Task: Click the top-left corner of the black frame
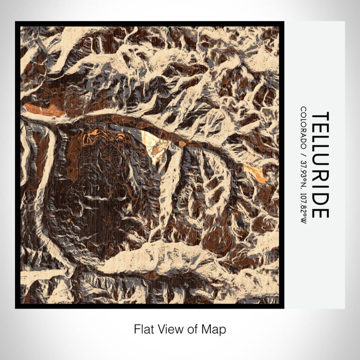(x=16, y=23)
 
